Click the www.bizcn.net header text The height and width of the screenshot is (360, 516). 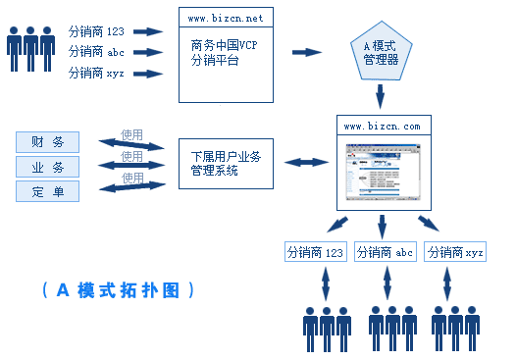[x=226, y=17]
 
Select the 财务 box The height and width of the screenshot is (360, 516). [x=47, y=142]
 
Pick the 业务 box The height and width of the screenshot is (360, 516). [x=47, y=167]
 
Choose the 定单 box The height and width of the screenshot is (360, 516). [x=47, y=191]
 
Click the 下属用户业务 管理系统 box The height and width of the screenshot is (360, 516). [x=226, y=163]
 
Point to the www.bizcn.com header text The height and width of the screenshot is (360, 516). [x=384, y=127]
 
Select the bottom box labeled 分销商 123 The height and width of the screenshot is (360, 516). [x=315, y=252]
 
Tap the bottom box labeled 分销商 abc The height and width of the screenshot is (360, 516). [x=384, y=252]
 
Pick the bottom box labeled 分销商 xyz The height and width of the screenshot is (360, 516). [x=454, y=252]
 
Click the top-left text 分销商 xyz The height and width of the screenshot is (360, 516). [x=95, y=73]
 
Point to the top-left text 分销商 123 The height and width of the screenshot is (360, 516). [x=96, y=31]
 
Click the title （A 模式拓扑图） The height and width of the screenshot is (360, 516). [x=119, y=290]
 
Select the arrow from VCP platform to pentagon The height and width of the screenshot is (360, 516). [x=307, y=53]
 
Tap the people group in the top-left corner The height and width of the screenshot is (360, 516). [x=30, y=48]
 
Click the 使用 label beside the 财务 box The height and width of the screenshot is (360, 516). [x=131, y=134]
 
